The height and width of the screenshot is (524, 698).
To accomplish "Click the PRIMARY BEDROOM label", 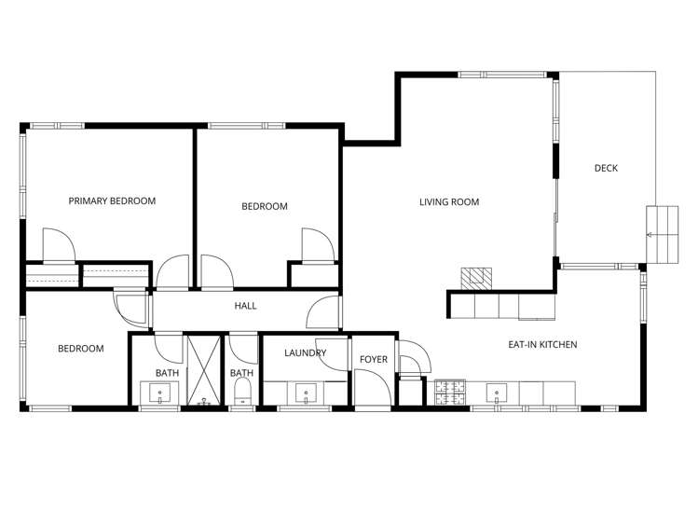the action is coord(112,201).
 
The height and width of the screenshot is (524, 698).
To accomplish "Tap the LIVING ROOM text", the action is coord(449,202).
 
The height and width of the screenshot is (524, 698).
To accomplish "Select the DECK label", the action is coord(606,168).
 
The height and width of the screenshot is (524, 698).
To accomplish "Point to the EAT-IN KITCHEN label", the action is coord(542,345).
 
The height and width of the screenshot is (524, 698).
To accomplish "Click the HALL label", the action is coord(245,306).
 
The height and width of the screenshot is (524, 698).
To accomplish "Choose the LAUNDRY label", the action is coord(306,353).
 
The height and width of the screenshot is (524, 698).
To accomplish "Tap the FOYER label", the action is coord(374,359).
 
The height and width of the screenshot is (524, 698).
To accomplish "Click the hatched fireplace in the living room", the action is coord(476,279).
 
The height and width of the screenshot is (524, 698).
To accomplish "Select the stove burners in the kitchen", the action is coord(450,393).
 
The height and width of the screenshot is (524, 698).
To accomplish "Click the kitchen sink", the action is coord(497,393).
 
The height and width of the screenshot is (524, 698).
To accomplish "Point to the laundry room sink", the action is coord(306,393).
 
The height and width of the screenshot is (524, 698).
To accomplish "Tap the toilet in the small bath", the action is coord(242,392).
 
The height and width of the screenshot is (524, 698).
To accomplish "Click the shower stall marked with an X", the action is coord(204,370).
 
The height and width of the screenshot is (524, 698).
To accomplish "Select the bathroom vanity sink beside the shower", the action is coord(159,393).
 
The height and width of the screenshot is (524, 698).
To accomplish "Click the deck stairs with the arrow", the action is coord(663,234).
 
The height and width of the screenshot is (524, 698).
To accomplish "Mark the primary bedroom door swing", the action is coord(59,245).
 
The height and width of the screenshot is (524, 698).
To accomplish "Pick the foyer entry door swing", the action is coord(373,387).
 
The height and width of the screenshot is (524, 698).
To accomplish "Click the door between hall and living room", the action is coord(323,312).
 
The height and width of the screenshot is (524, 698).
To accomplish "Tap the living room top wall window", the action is coord(502,75).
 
